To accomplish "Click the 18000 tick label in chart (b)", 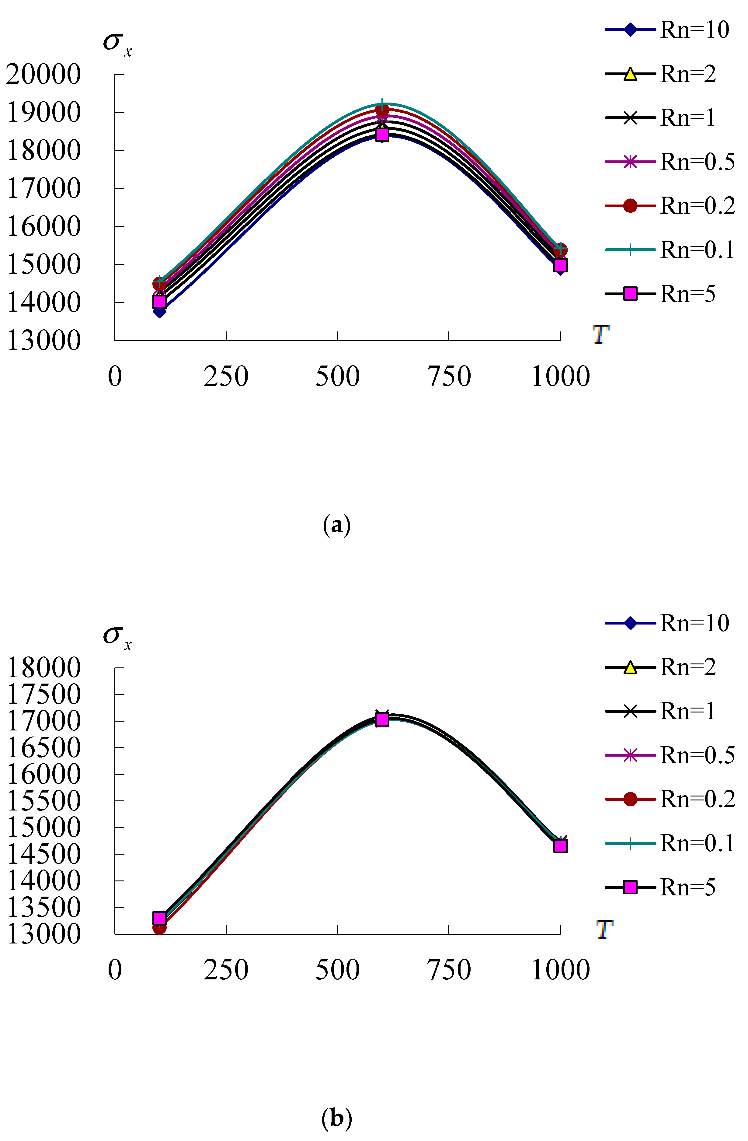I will (x=43, y=667).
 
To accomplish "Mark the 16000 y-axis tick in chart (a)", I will (x=43, y=226).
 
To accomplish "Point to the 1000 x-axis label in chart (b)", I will (x=561, y=970).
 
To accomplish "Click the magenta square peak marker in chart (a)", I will (x=382, y=135).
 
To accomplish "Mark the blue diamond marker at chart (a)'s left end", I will (x=160, y=312).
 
